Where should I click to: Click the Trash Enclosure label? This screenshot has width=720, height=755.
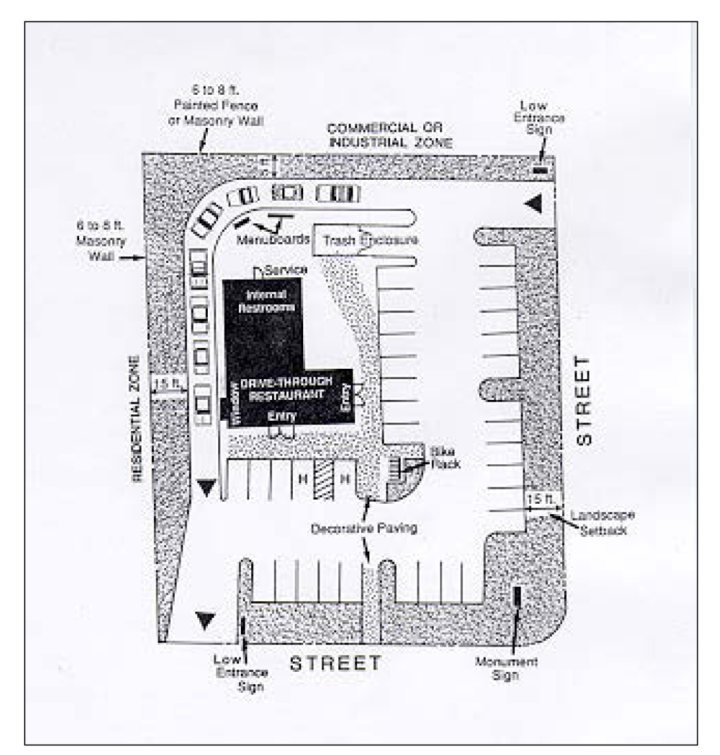(x=371, y=241)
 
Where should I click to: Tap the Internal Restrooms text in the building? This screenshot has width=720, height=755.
(x=267, y=302)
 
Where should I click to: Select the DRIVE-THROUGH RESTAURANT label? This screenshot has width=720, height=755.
(x=286, y=388)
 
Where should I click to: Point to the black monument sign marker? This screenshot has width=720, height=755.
(x=517, y=596)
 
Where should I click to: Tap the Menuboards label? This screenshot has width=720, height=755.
(x=273, y=240)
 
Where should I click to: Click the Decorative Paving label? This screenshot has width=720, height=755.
(x=364, y=529)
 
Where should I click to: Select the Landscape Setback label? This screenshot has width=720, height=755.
(x=602, y=521)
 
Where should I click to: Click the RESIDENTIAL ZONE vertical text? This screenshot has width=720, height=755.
(x=136, y=419)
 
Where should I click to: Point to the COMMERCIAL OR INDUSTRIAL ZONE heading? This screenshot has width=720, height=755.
(x=390, y=136)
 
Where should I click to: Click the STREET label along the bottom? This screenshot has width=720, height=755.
(x=335, y=663)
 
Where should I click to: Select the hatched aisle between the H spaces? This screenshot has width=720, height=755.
(x=323, y=480)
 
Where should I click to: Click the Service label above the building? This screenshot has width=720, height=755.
(x=286, y=269)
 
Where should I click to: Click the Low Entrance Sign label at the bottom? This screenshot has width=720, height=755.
(x=241, y=673)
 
